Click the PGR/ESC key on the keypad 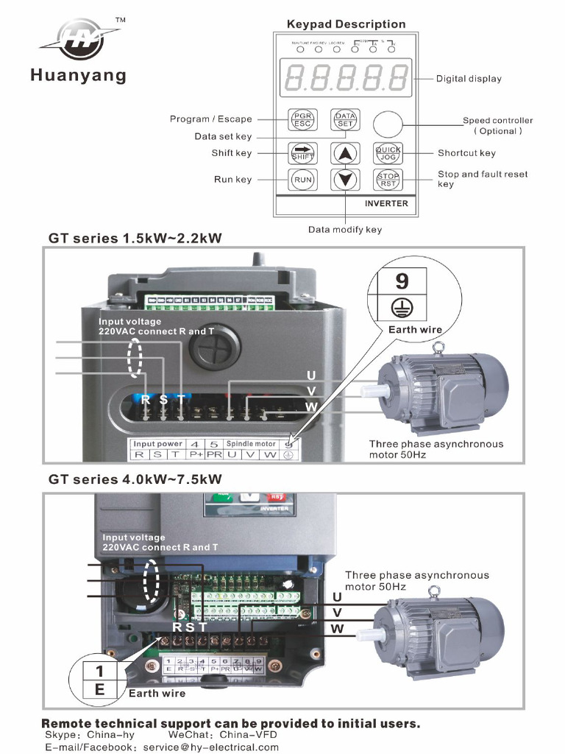click(x=302, y=119)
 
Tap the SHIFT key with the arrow click(x=302, y=152)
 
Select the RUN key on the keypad click(x=302, y=179)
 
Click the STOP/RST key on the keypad click(x=388, y=179)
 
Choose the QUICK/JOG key click(x=388, y=152)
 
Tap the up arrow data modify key click(x=345, y=153)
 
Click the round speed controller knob click(x=388, y=123)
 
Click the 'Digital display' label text click(x=469, y=79)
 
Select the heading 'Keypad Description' click(x=346, y=24)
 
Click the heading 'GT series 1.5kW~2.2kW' click(x=135, y=238)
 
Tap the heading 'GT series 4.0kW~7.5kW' click(x=135, y=479)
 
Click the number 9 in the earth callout click(x=402, y=281)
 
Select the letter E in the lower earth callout click(x=100, y=690)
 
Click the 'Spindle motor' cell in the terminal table click(x=250, y=444)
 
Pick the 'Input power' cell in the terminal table click(x=157, y=444)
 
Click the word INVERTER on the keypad click(x=386, y=203)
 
